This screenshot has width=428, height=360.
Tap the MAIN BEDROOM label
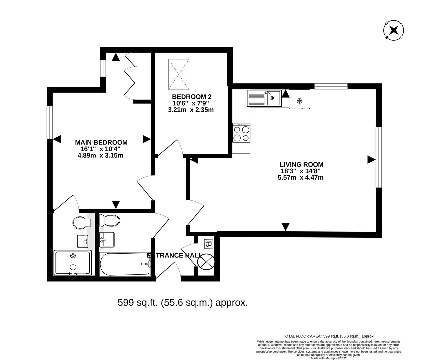pos(101,142)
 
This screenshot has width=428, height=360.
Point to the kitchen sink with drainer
pos(264,98)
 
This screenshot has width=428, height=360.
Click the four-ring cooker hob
pos(241,133)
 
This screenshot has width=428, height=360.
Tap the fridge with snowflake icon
pos(299,99)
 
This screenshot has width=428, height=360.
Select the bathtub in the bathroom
pos(125,264)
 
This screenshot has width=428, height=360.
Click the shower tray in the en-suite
pos(73,263)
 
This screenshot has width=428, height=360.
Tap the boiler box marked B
pos(208,244)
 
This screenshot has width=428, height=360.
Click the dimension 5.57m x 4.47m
pos(300,178)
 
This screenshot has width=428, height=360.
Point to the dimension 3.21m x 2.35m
pos(191,109)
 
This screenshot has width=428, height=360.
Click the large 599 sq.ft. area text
pos(183,303)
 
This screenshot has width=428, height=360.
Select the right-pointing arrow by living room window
pos(371,160)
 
